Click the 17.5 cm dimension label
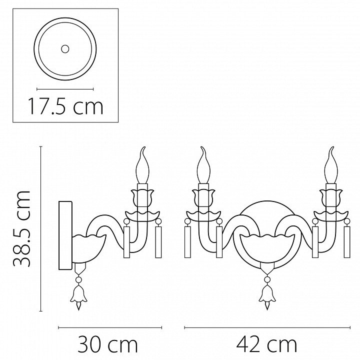coord(65,106)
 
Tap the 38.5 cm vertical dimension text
coord(22,228)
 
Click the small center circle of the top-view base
coord(65,49)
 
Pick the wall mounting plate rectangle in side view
coord(65,235)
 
